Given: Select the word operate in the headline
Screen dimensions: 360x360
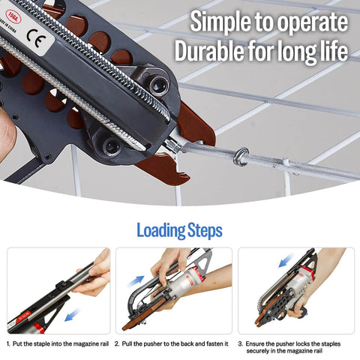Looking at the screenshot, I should click(313, 22).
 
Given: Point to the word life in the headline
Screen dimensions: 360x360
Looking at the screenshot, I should click(331, 52).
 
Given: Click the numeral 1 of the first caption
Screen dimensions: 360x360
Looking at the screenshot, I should click(8, 343).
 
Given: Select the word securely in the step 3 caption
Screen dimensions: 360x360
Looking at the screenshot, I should click(259, 350).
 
